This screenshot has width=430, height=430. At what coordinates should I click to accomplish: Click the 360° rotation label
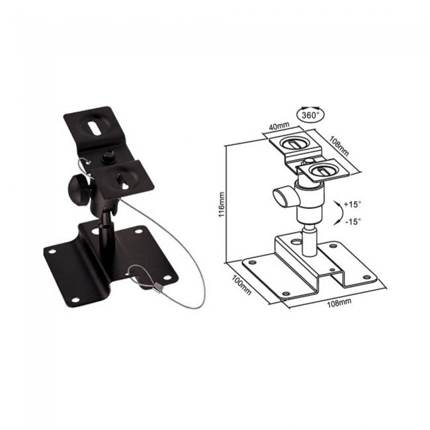(x=309, y=115)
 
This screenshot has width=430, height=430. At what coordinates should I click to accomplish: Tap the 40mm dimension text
(x=279, y=126)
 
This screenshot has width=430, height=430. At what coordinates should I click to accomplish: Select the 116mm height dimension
(x=222, y=204)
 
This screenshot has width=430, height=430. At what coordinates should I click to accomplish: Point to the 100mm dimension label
(x=241, y=284)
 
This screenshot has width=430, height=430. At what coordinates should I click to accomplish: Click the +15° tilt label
(x=353, y=204)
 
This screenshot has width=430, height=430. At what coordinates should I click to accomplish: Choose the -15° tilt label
(x=353, y=222)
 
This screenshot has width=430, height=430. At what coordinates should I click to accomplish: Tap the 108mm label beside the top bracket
(x=339, y=147)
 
